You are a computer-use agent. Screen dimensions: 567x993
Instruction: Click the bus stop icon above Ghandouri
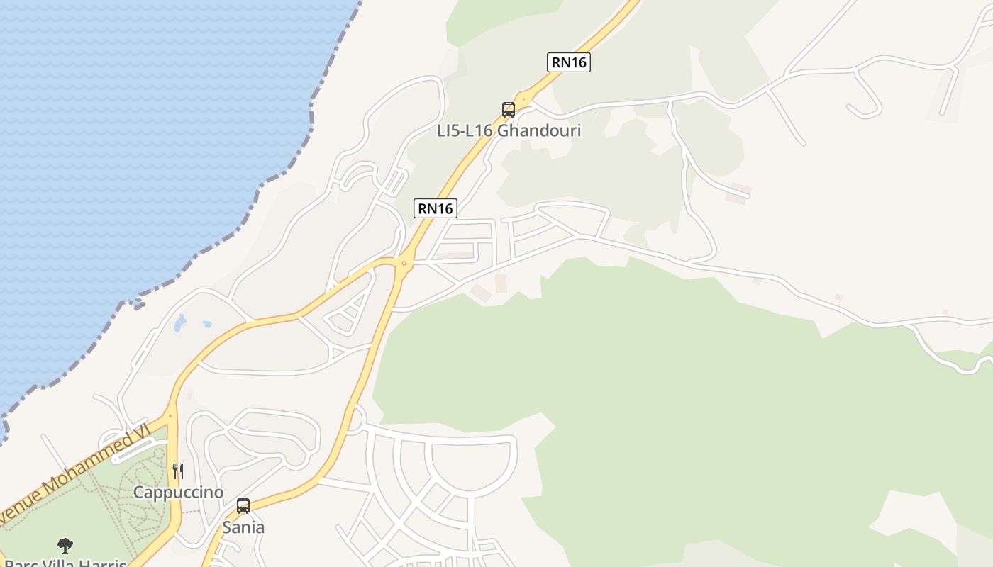click(508, 110)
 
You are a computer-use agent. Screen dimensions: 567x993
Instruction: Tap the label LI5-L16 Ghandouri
click(509, 130)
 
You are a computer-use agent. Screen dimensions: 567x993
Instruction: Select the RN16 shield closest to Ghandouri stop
click(569, 62)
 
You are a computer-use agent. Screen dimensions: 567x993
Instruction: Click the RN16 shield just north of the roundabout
click(436, 208)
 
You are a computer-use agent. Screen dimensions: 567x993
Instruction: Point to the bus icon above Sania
click(243, 506)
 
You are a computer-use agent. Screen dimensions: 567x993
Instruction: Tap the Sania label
click(243, 527)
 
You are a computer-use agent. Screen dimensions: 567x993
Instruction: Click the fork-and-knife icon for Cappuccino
click(178, 471)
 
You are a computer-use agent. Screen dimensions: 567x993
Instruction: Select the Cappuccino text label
click(178, 493)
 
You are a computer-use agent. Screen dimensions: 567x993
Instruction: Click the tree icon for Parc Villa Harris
click(65, 545)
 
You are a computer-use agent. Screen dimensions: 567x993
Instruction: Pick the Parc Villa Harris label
click(67, 561)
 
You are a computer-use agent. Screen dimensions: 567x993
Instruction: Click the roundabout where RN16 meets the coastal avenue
click(404, 263)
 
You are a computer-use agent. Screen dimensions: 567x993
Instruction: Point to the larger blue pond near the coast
click(180, 323)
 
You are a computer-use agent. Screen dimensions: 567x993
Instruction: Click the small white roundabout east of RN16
click(354, 420)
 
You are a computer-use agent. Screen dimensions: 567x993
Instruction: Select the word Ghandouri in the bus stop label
click(539, 130)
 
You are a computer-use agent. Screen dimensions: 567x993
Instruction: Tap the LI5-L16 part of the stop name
click(465, 130)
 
